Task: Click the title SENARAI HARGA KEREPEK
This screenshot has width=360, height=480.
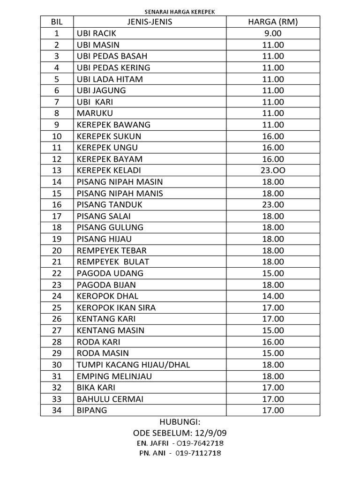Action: pyautogui.click(x=180, y=12)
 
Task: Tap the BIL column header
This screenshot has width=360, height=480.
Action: pyautogui.click(x=57, y=22)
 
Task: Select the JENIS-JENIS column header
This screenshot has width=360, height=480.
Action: pyautogui.click(x=150, y=22)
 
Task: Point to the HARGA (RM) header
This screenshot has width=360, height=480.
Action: pyautogui.click(x=273, y=22)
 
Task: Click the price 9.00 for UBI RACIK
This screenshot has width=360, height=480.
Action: pyautogui.click(x=273, y=34)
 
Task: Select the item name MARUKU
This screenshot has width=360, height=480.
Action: pyautogui.click(x=95, y=113)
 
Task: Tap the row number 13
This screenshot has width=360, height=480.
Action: pyautogui.click(x=57, y=170)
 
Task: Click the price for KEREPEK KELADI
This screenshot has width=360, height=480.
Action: pyautogui.click(x=273, y=170)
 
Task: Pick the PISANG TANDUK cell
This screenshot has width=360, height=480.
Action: pyautogui.click(x=109, y=204)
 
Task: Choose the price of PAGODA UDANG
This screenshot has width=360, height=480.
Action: pyautogui.click(x=273, y=273)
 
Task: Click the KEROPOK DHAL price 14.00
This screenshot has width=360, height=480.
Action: pyautogui.click(x=273, y=296)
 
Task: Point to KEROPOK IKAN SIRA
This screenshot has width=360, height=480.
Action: pyautogui.click(x=116, y=307)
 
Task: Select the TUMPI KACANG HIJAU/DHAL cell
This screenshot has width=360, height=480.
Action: pyautogui.click(x=133, y=364)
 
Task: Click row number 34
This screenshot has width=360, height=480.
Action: pyautogui.click(x=57, y=410)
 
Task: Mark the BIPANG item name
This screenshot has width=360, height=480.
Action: pyautogui.click(x=92, y=410)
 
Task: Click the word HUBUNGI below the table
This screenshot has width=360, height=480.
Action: pyautogui.click(x=180, y=421)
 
